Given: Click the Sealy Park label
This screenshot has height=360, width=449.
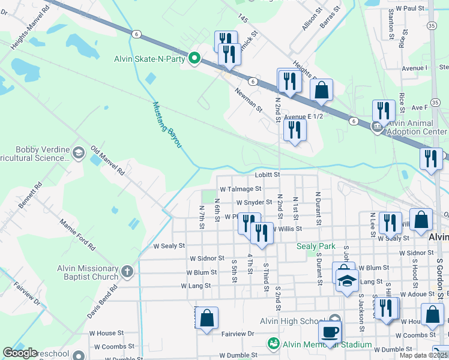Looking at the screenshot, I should (x=316, y=247).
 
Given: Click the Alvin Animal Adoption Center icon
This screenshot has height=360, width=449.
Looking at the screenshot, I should (x=378, y=126).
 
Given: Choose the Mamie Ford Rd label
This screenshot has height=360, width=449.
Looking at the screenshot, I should (x=77, y=235).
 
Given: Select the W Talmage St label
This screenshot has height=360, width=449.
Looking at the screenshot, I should (x=240, y=189).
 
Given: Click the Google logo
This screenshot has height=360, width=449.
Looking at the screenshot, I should (x=20, y=353).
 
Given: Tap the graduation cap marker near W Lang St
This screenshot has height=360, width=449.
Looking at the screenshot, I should (x=347, y=281).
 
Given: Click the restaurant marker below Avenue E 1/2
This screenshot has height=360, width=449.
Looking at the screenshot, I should (x=294, y=130).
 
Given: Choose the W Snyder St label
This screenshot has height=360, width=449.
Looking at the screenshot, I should (x=254, y=203).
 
